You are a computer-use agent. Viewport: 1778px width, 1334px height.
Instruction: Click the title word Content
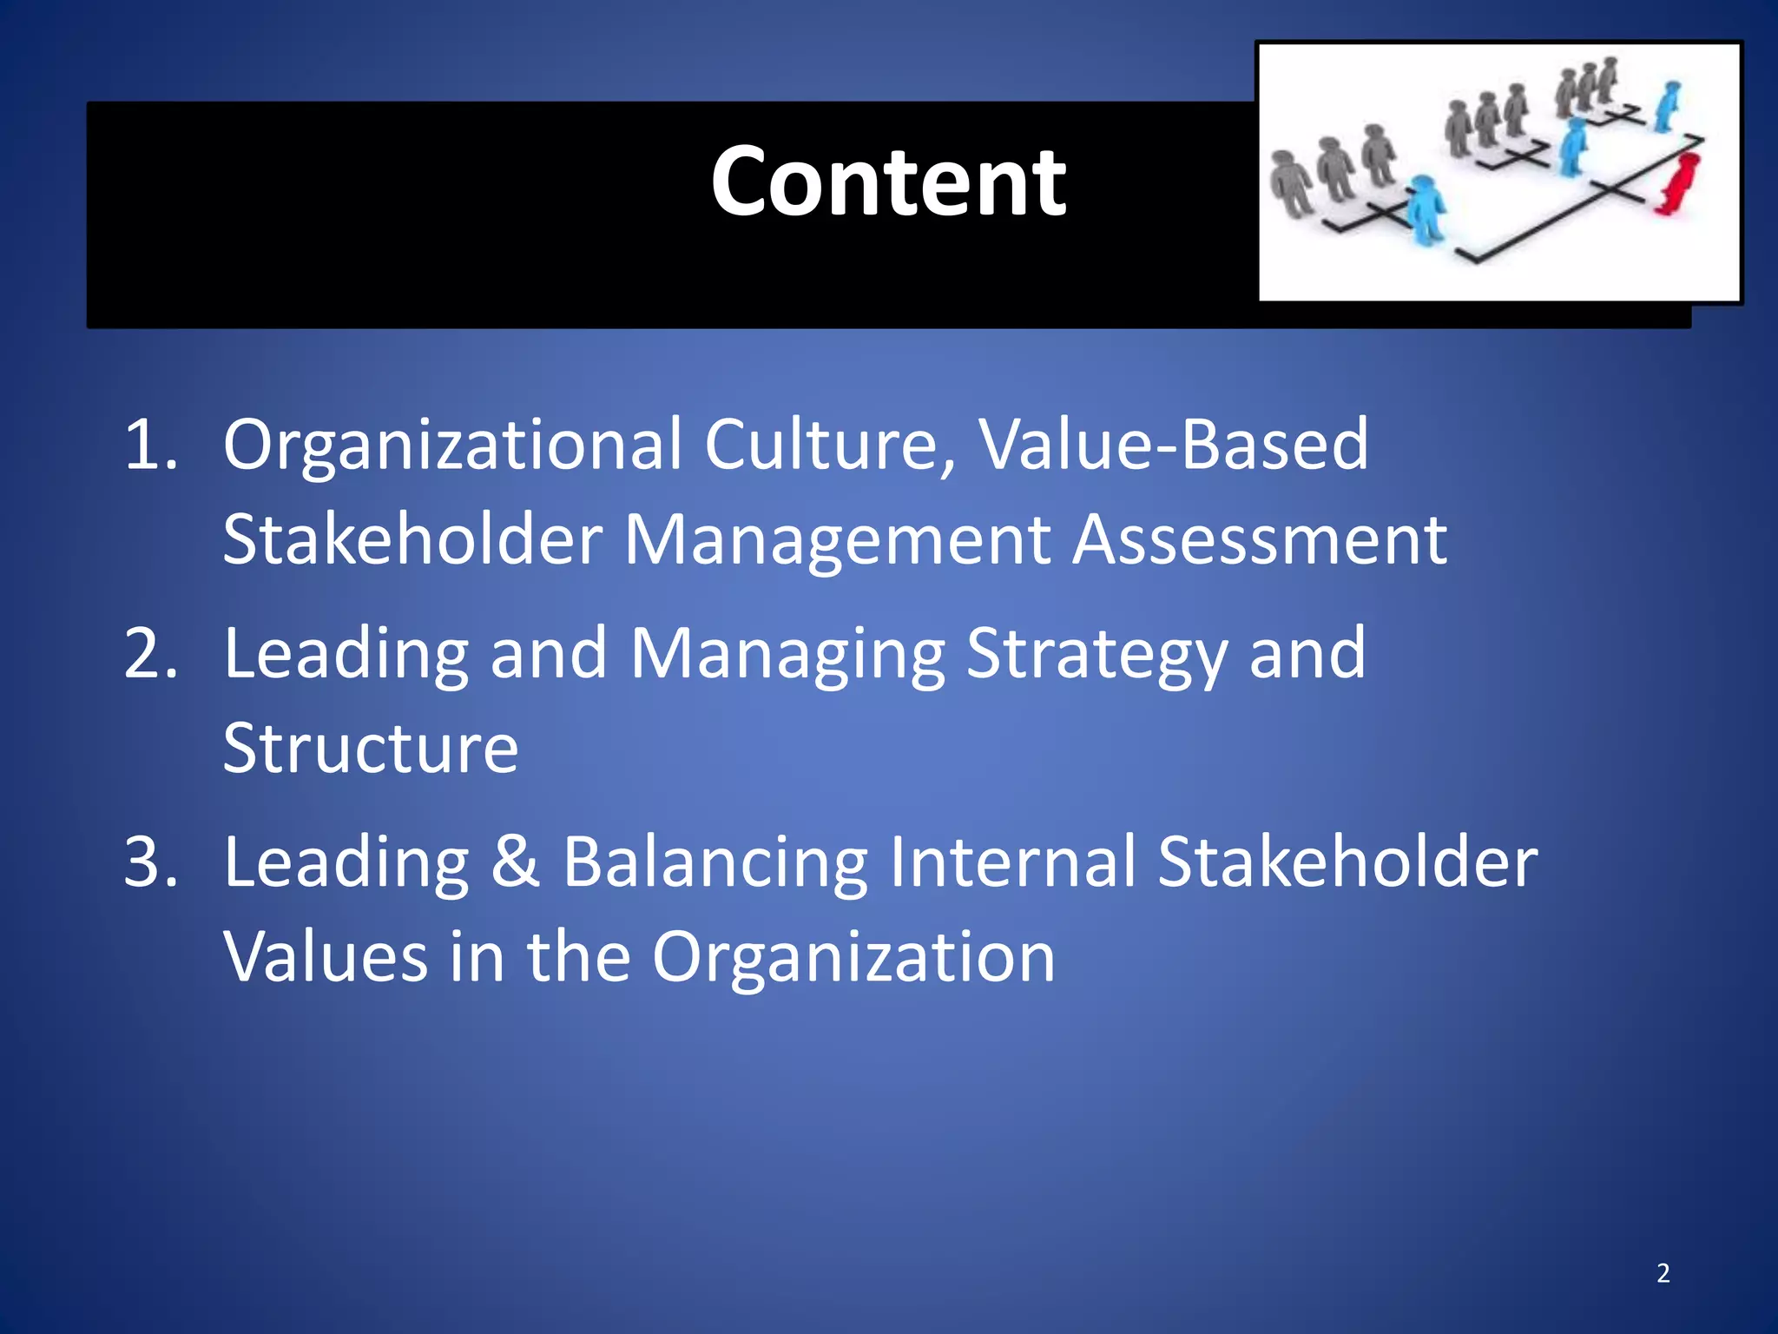tap(887, 182)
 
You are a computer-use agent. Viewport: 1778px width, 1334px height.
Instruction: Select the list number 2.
tap(151, 654)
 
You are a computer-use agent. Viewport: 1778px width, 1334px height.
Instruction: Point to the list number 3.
tap(151, 862)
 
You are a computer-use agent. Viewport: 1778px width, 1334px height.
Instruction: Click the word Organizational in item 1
tap(451, 446)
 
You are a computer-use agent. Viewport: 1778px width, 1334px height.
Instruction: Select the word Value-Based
tap(1173, 446)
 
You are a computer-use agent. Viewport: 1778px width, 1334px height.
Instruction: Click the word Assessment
tap(1259, 540)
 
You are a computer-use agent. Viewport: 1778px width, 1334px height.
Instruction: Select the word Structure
tap(371, 749)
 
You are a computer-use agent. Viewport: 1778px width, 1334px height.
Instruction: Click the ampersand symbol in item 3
tap(516, 862)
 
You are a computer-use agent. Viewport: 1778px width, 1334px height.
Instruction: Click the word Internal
tap(1012, 862)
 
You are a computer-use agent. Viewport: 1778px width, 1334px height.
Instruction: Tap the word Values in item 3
tap(326, 957)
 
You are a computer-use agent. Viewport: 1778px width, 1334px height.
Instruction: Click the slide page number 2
tap(1663, 1273)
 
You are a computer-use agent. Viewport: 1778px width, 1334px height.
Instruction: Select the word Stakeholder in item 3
tap(1347, 862)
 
